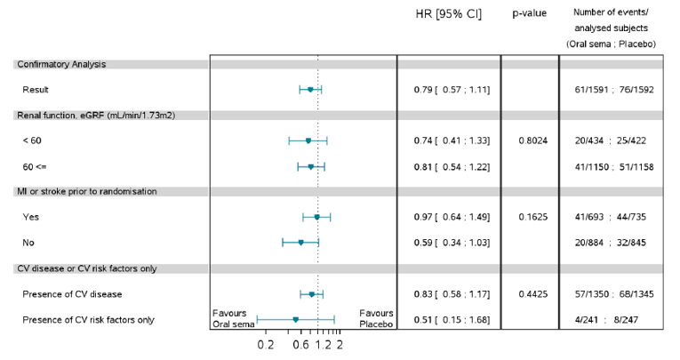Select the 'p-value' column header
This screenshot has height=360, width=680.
pos(529,13)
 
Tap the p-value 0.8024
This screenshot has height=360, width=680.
pos(529,140)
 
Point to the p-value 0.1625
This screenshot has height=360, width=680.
pos(529,217)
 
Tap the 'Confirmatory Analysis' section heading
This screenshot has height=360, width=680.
pos(60,64)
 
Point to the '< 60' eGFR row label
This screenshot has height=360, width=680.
pos(32,140)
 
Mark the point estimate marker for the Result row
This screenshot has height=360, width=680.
pos(310,90)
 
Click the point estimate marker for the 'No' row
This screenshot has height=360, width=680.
pos(300,242)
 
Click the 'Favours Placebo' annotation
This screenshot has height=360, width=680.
pos(376,318)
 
